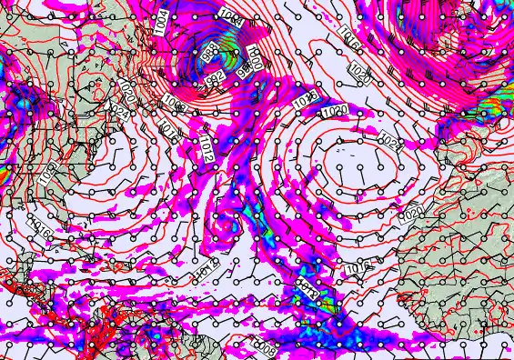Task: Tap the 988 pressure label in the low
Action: [209, 49]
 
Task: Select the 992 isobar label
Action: [216, 79]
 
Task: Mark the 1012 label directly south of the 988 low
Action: [207, 146]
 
